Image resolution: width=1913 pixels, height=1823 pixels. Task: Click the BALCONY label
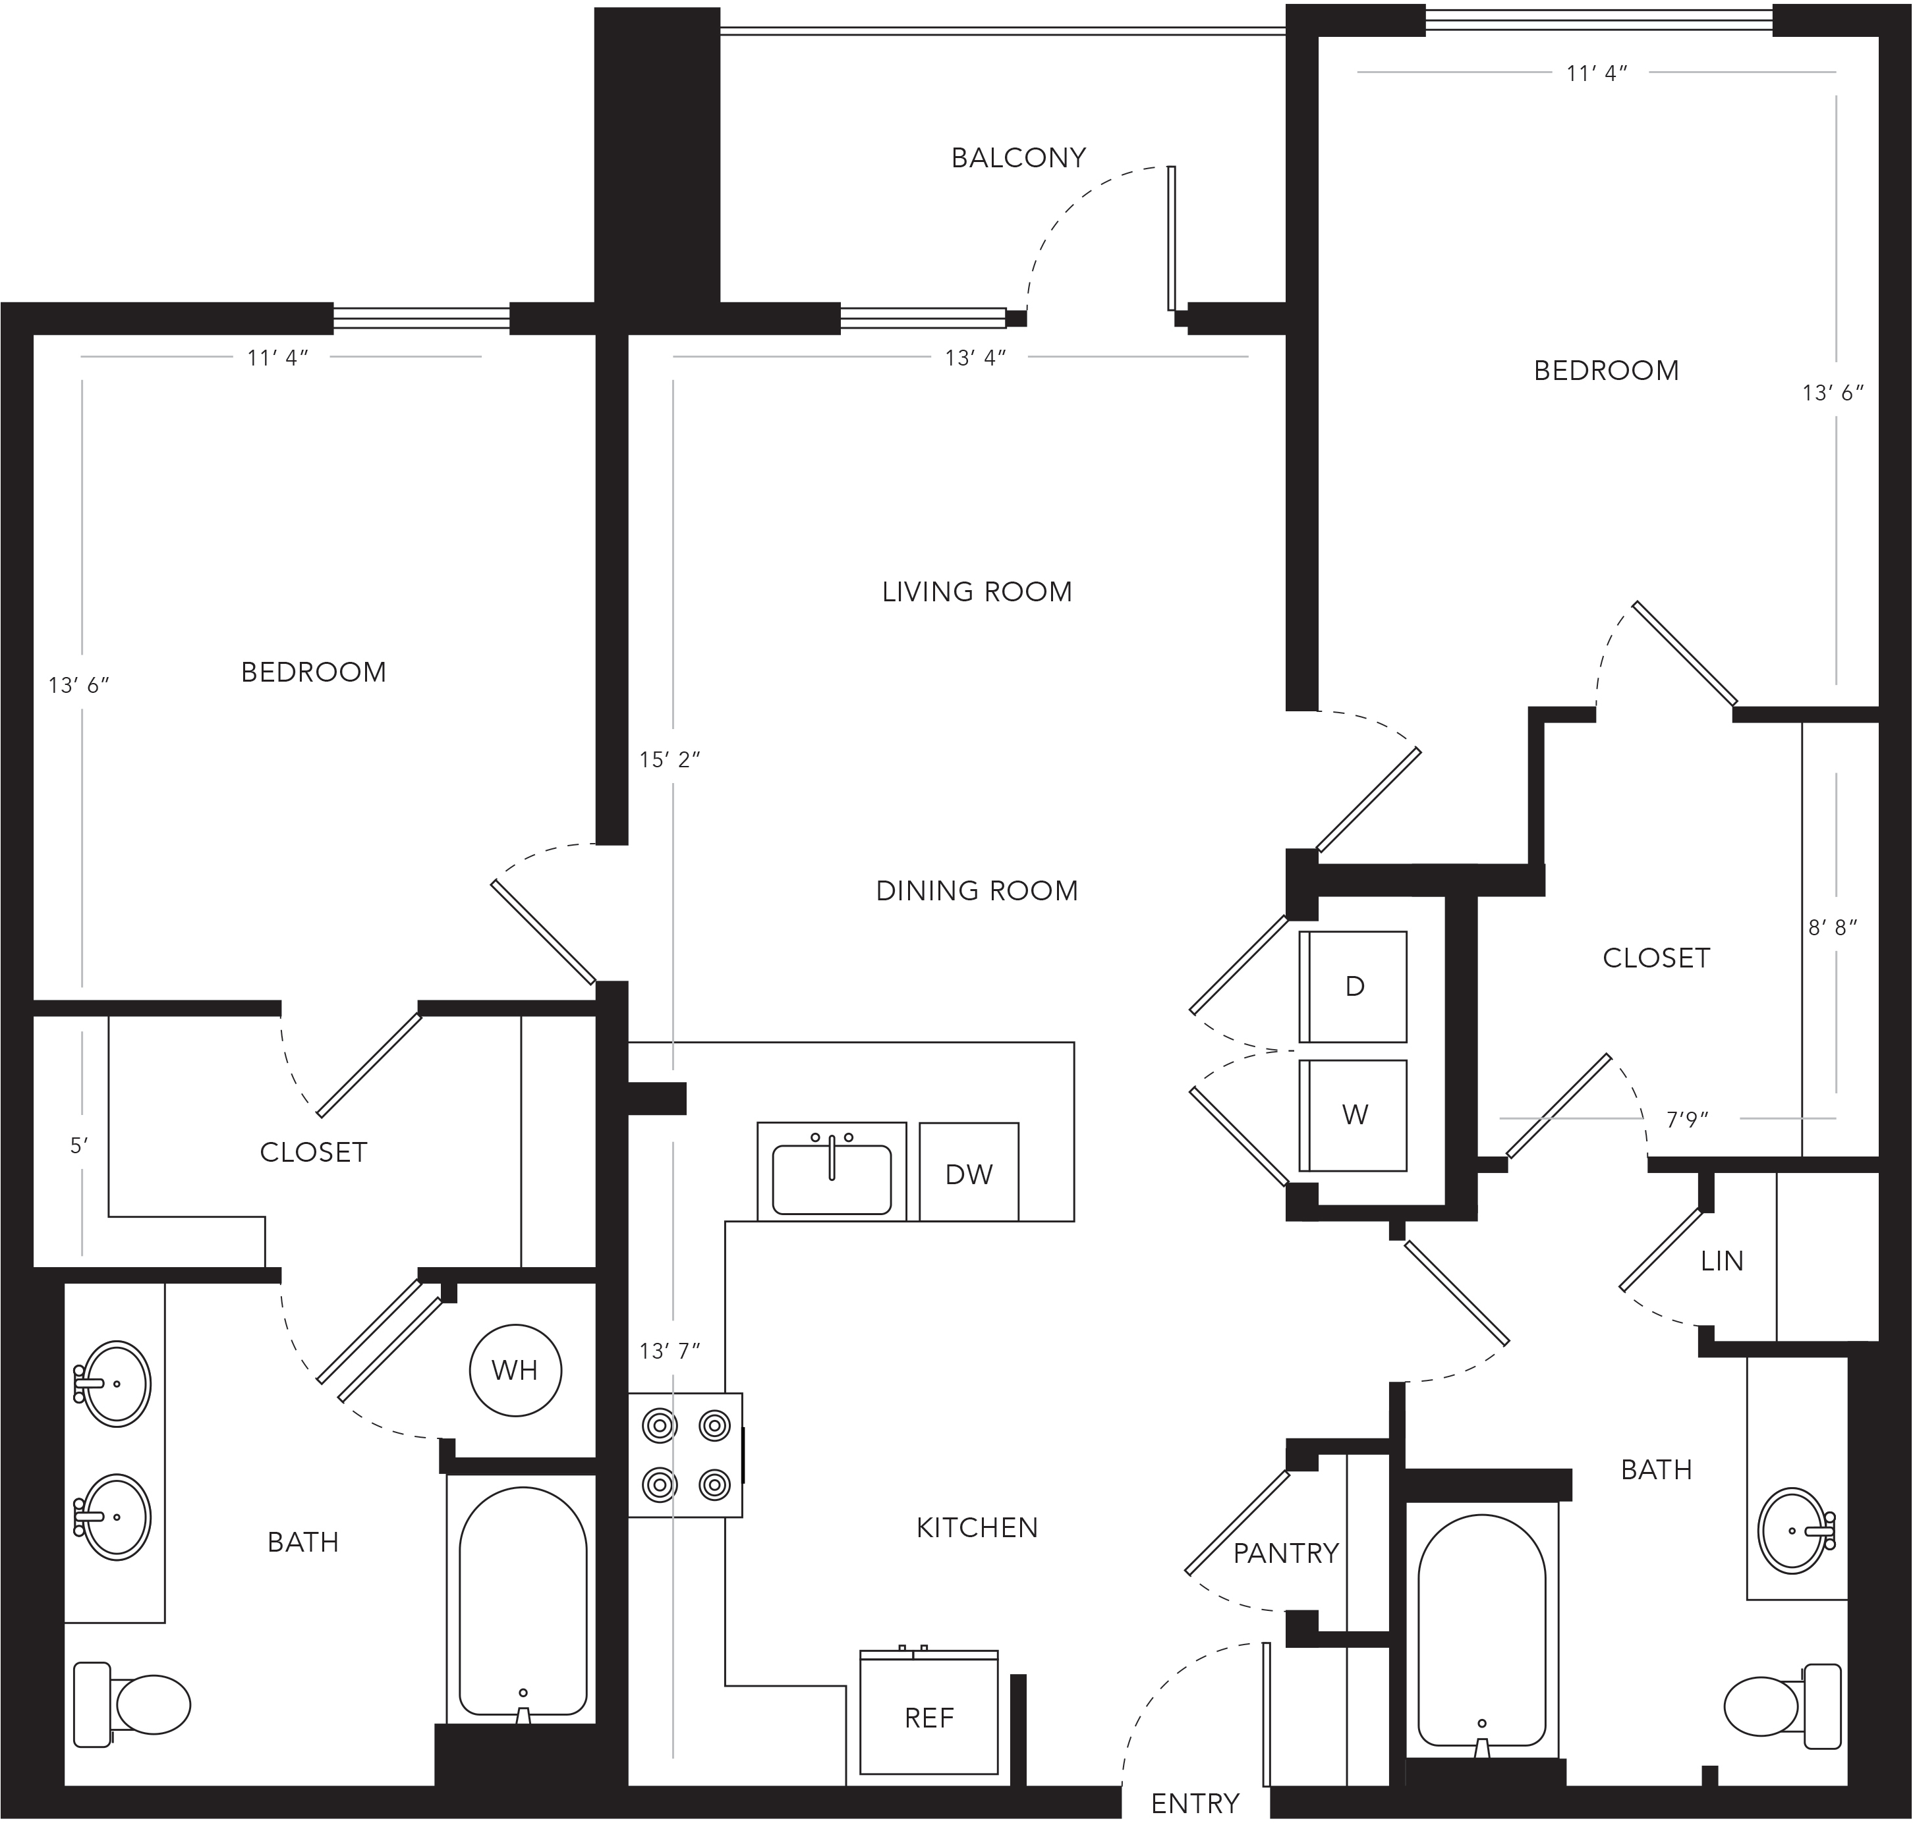pos(1017,157)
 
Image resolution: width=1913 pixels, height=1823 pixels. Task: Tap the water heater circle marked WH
pos(515,1370)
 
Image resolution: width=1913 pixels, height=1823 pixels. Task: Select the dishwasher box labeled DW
pos(969,1172)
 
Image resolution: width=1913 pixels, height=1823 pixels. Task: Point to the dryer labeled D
pos(1353,987)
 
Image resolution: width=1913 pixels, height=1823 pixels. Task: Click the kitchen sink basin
pos(832,1179)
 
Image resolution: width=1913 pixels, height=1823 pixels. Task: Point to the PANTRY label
pos(1286,1554)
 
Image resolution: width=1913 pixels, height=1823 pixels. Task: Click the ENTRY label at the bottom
pos(1195,1803)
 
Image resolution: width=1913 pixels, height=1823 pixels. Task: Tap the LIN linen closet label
pos(1721,1261)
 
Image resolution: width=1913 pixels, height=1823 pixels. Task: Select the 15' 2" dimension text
pos(669,760)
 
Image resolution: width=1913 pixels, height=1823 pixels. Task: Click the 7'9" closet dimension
pos(1688,1120)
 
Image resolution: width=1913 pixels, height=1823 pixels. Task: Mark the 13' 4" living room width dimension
pos(975,358)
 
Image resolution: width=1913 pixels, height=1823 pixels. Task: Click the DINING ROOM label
pos(977,891)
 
